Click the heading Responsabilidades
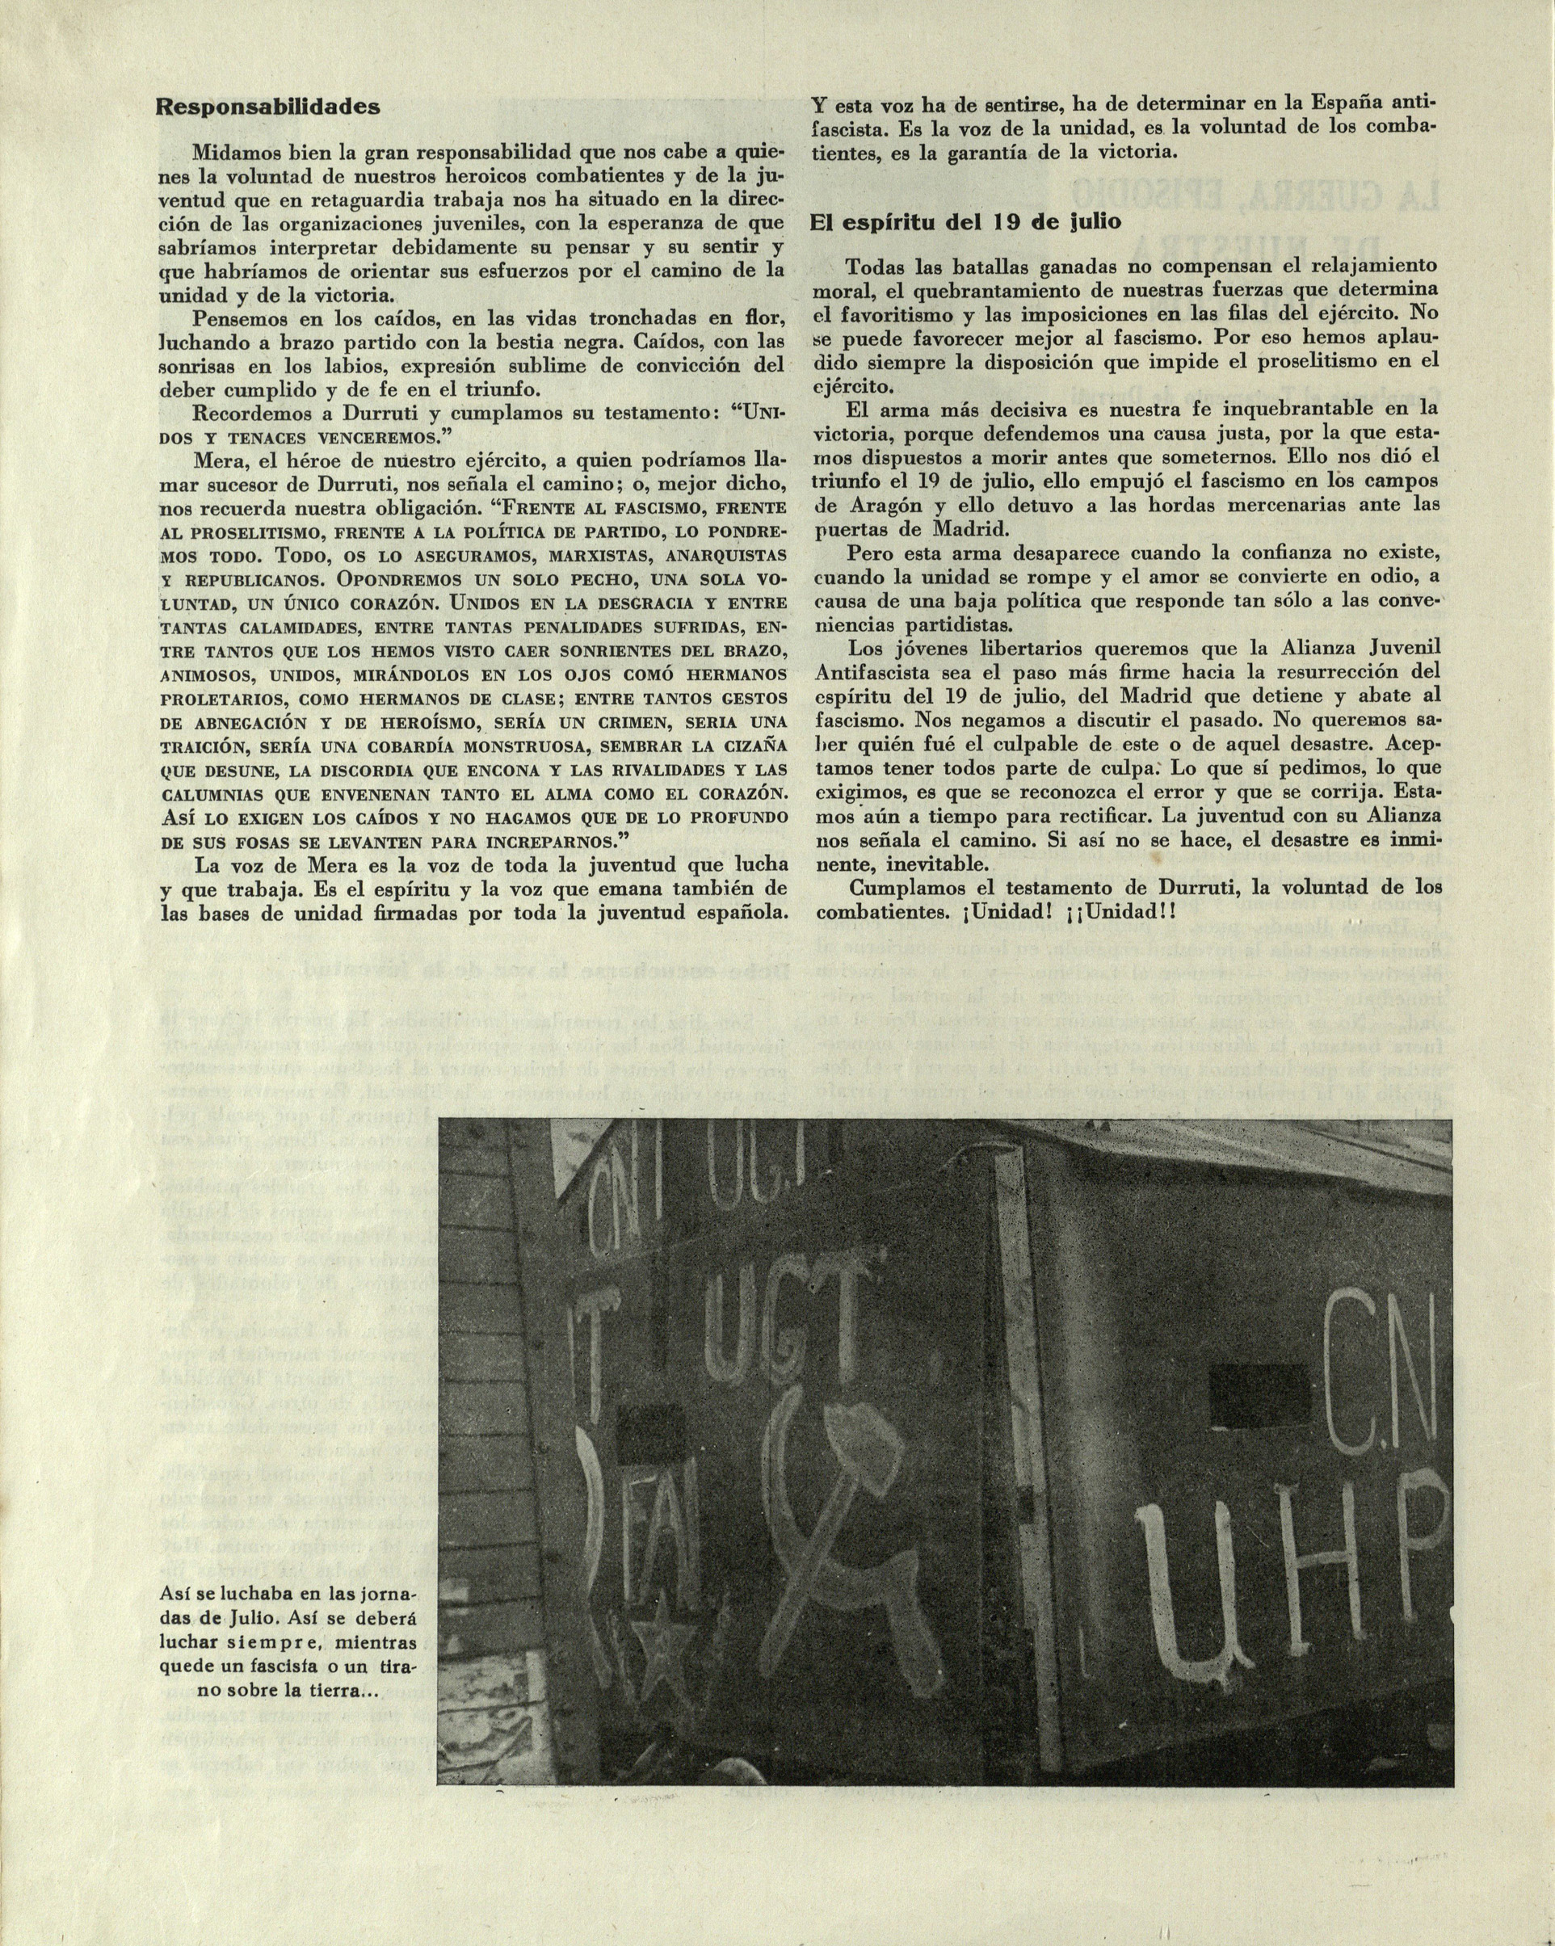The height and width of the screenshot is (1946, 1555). [x=268, y=107]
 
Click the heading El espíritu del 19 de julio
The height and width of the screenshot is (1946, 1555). [x=965, y=222]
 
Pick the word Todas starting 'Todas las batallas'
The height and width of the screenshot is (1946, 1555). [x=875, y=267]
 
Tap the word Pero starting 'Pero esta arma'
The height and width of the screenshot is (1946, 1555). [x=868, y=552]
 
